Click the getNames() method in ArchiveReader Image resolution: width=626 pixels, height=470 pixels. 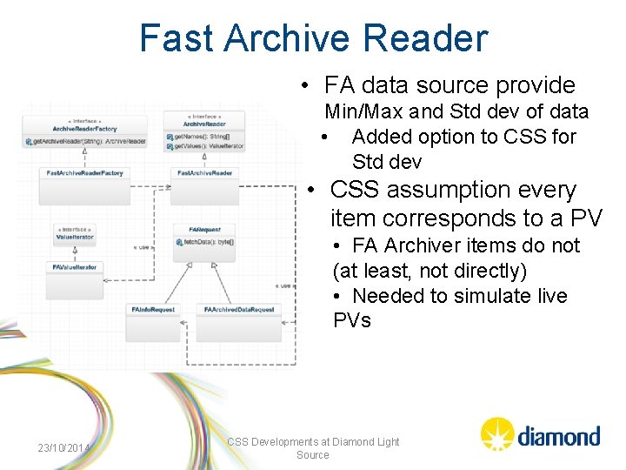(x=200, y=137)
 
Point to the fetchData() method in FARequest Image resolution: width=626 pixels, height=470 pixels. (x=205, y=240)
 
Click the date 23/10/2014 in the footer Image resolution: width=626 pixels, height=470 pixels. (x=64, y=448)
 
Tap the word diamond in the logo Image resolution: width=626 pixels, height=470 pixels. (x=558, y=435)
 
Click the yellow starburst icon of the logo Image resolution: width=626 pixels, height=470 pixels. (x=497, y=433)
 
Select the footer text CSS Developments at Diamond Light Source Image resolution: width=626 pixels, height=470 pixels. (x=313, y=448)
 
